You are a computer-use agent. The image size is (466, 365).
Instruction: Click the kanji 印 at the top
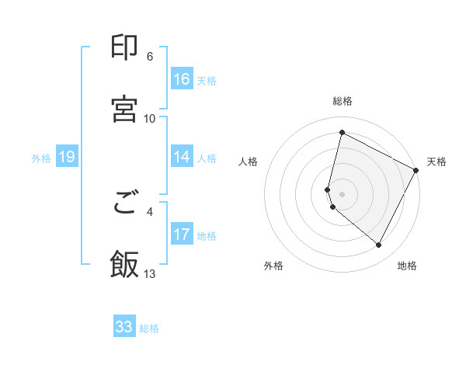pyautogui.click(x=125, y=48)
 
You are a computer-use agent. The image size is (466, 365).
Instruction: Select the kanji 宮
pyautogui.click(x=125, y=109)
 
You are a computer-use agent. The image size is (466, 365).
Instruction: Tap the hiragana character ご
pyautogui.click(x=125, y=204)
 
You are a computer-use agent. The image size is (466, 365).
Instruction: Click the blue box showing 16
pyautogui.click(x=182, y=79)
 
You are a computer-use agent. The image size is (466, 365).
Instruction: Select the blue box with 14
pyautogui.click(x=182, y=157)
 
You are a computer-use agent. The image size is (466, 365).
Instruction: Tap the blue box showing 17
pyautogui.click(x=182, y=235)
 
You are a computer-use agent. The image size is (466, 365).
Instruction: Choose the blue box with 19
pyautogui.click(x=67, y=158)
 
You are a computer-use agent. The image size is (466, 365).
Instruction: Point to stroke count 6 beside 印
pyautogui.click(x=150, y=57)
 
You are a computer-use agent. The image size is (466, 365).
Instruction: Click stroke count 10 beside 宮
pyautogui.click(x=150, y=118)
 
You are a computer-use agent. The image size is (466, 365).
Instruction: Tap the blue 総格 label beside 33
pyautogui.click(x=149, y=328)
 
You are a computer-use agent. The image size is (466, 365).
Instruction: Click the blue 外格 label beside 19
pyautogui.click(x=41, y=158)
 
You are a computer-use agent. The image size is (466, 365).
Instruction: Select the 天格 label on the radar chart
pyautogui.click(x=436, y=162)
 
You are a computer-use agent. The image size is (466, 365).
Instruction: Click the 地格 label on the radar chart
pyautogui.click(x=407, y=266)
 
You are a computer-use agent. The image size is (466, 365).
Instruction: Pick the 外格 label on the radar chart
pyautogui.click(x=273, y=266)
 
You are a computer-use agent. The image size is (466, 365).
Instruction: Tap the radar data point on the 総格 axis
pyautogui.click(x=342, y=132)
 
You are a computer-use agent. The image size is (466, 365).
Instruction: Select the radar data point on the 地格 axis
pyautogui.click(x=379, y=245)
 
